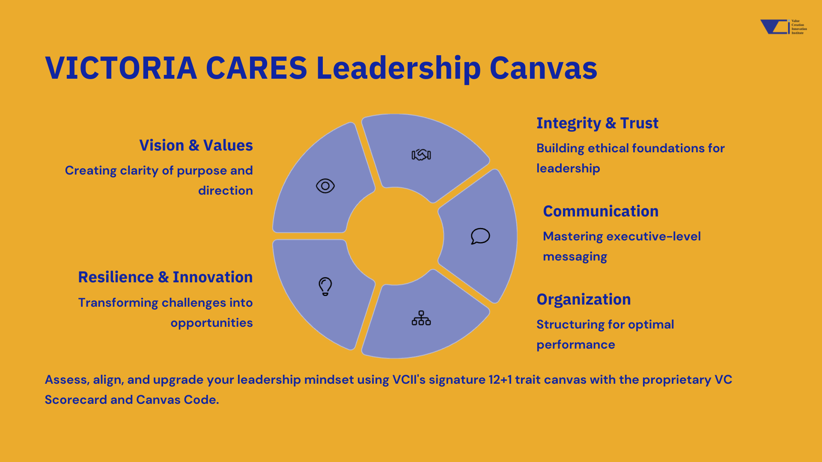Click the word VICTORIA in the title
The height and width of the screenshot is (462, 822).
121,68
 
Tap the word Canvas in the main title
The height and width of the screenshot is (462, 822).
543,68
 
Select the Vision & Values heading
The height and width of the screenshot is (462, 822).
196,145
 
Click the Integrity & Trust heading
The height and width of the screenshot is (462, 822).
597,123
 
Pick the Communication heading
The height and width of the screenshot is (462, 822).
601,211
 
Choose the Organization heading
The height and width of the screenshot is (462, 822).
584,299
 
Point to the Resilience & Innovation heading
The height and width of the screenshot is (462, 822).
165,277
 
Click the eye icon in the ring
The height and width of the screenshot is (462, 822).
325,186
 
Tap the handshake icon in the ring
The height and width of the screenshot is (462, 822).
421,154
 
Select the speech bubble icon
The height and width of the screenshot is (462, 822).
480,236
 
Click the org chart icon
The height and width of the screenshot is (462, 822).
421,318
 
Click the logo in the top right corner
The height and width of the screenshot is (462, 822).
783,27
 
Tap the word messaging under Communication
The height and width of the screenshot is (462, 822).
575,257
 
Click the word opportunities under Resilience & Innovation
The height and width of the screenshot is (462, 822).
211,323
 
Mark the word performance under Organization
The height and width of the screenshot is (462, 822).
576,345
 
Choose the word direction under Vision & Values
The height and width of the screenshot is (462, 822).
226,191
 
